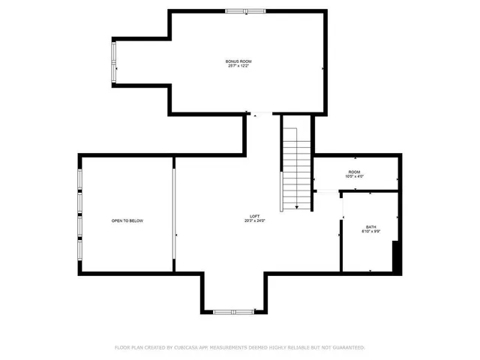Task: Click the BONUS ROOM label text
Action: pyautogui.click(x=238, y=61)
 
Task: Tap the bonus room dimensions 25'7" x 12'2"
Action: pyautogui.click(x=238, y=66)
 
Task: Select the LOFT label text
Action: pyautogui.click(x=254, y=216)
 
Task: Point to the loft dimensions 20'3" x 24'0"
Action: pyautogui.click(x=254, y=221)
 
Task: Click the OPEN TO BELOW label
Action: pyautogui.click(x=127, y=220)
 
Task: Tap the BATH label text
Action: pyautogui.click(x=371, y=226)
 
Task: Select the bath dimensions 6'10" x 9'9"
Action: pyautogui.click(x=371, y=232)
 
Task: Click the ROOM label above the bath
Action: pyautogui.click(x=354, y=172)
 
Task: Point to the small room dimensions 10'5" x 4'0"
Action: pyautogui.click(x=354, y=177)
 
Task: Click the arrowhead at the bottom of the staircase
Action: pyautogui.click(x=298, y=208)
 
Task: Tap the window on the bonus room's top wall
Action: pyautogui.click(x=245, y=10)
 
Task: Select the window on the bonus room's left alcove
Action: pyautogui.click(x=114, y=62)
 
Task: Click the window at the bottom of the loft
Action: pyautogui.click(x=232, y=310)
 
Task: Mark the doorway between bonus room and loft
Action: pyautogui.click(x=263, y=114)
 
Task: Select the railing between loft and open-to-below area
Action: pyautogui.click(x=174, y=214)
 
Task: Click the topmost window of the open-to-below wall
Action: pyautogui.click(x=79, y=181)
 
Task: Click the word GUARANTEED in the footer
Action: pyautogui.click(x=345, y=348)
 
